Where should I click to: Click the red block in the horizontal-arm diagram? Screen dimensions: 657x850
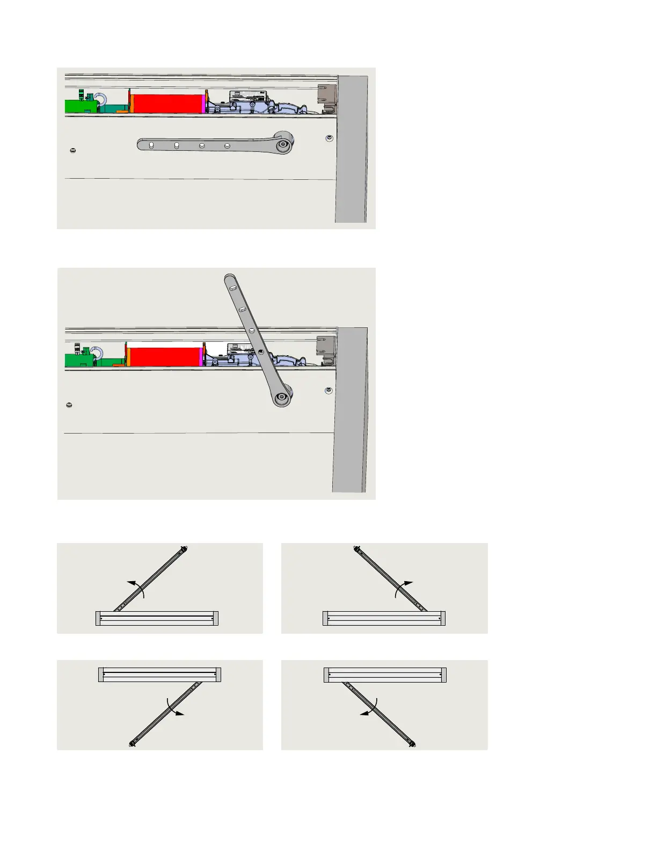tap(167, 104)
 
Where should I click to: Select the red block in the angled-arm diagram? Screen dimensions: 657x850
tap(164, 357)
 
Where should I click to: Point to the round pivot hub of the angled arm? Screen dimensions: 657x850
tap(281, 398)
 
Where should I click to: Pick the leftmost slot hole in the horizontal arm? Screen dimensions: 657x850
tap(151, 145)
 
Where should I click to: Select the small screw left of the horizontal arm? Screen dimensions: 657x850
tap(73, 150)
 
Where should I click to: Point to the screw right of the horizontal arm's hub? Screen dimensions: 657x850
tap(329, 138)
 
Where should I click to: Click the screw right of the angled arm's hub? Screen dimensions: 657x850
tap(328, 390)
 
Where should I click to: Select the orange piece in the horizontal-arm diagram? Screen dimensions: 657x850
tap(130, 102)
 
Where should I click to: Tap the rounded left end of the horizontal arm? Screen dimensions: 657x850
tap(141, 144)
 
